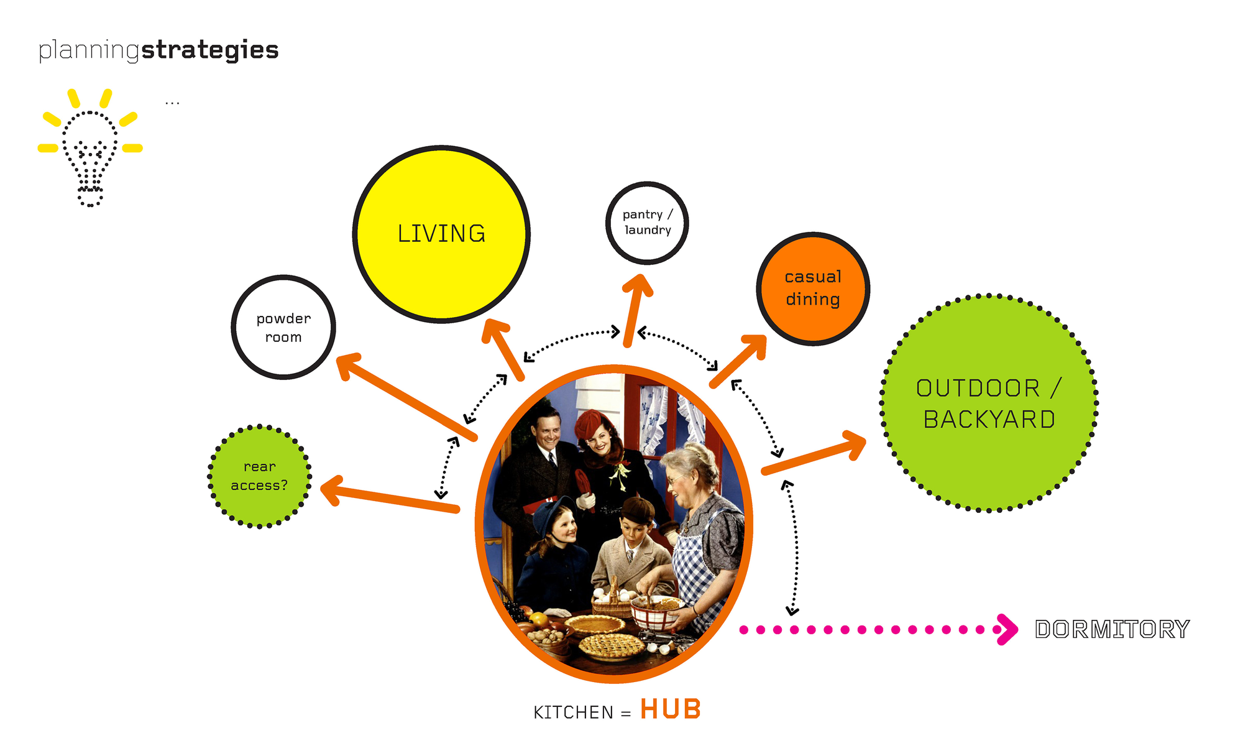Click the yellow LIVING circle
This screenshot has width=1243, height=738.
click(441, 234)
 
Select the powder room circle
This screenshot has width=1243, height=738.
click(283, 327)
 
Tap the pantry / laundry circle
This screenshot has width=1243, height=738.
click(647, 223)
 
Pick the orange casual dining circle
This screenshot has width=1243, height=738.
click(813, 288)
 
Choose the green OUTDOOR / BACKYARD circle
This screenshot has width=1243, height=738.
click(989, 403)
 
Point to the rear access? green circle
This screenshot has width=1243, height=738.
click(259, 476)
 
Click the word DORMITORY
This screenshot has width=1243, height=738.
click(1112, 629)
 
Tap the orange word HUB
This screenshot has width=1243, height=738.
click(671, 709)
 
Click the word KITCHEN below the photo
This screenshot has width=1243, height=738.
click(573, 713)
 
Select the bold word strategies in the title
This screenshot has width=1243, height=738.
click(210, 50)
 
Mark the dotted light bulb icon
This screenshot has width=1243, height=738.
click(90, 148)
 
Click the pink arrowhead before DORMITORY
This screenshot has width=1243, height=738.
click(1007, 630)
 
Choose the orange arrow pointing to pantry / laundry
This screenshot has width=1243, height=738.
click(636, 310)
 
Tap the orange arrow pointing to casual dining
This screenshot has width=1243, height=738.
click(738, 361)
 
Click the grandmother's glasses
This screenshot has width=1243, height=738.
click(676, 479)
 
